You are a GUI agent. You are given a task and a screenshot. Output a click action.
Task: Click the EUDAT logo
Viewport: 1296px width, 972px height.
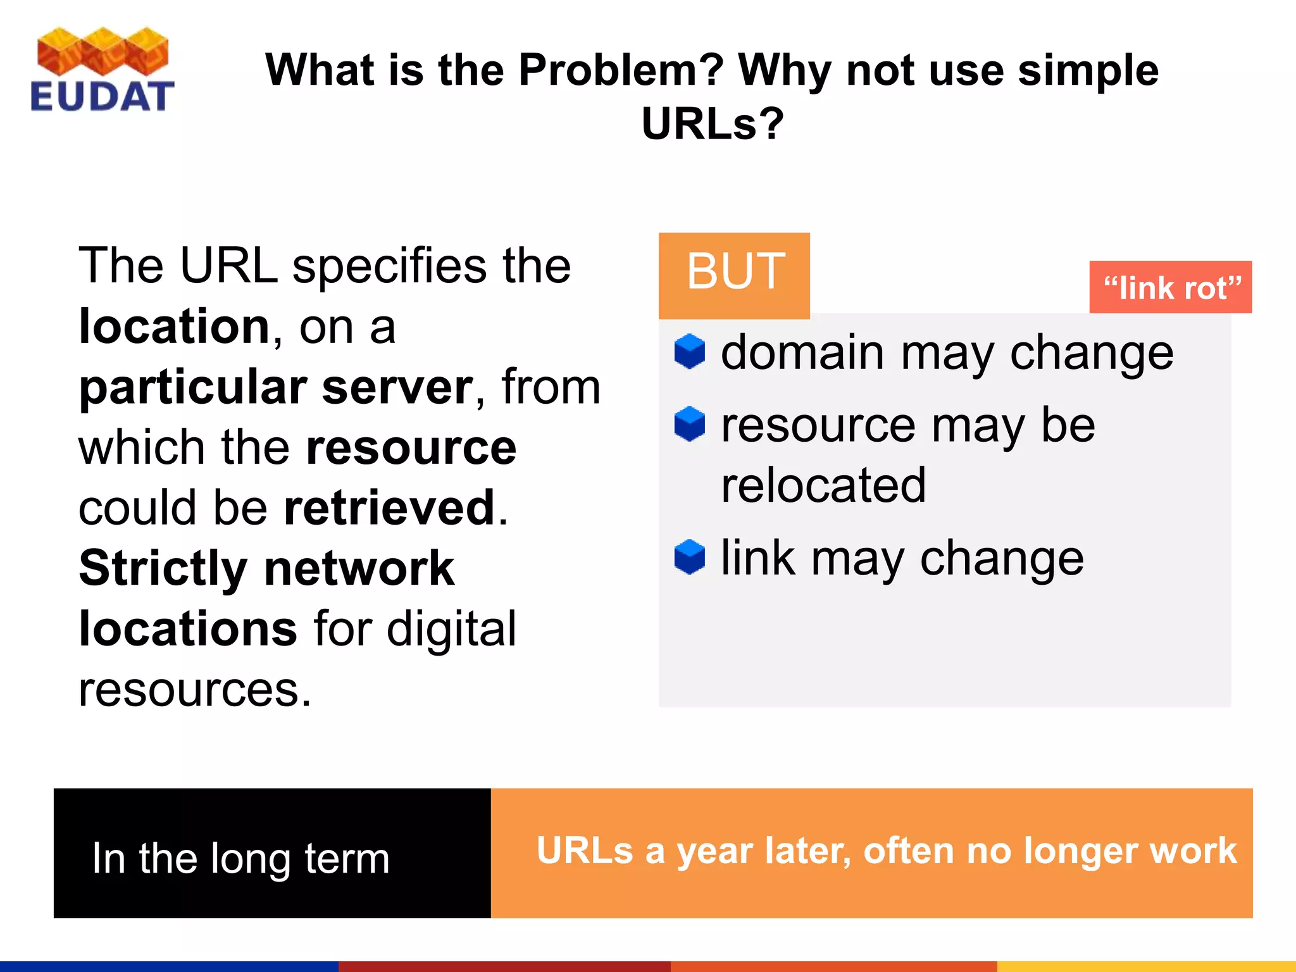click(102, 70)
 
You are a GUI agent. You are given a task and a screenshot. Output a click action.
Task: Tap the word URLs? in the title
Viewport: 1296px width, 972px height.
click(713, 123)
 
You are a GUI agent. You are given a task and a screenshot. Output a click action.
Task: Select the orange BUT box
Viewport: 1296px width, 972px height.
click(734, 275)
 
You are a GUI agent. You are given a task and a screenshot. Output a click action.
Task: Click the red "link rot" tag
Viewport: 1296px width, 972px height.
click(1170, 287)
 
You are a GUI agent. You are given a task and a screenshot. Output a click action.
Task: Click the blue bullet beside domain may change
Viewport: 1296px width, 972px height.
click(689, 351)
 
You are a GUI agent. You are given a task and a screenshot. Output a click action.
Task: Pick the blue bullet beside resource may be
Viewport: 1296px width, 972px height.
click(689, 423)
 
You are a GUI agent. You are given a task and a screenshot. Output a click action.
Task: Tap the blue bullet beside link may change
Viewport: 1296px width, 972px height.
click(689, 557)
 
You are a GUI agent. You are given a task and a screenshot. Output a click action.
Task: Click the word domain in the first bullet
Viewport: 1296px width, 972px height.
click(802, 352)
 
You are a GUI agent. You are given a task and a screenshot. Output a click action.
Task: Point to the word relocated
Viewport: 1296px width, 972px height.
click(823, 485)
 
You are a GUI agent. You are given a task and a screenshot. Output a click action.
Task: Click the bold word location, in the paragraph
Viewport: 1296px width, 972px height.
click(175, 327)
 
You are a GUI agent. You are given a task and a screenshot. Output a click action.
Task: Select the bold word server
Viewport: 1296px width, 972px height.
click(397, 387)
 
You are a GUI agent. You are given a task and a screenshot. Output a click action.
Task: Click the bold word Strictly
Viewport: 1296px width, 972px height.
click(163, 568)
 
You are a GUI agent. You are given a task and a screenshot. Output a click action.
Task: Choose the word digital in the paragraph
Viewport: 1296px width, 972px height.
click(451, 629)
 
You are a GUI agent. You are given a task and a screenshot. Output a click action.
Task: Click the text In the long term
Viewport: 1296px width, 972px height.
click(240, 859)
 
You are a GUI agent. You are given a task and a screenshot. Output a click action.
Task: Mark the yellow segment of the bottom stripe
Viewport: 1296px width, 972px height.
click(1145, 966)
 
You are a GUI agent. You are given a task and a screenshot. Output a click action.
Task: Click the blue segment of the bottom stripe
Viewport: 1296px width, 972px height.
click(169, 966)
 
